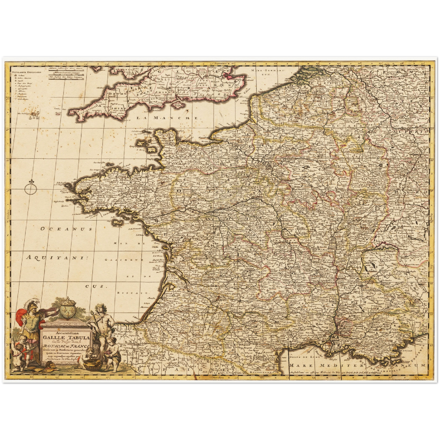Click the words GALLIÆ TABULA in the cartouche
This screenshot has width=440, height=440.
click(x=66, y=337)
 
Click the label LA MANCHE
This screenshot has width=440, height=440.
click(x=167, y=118)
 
